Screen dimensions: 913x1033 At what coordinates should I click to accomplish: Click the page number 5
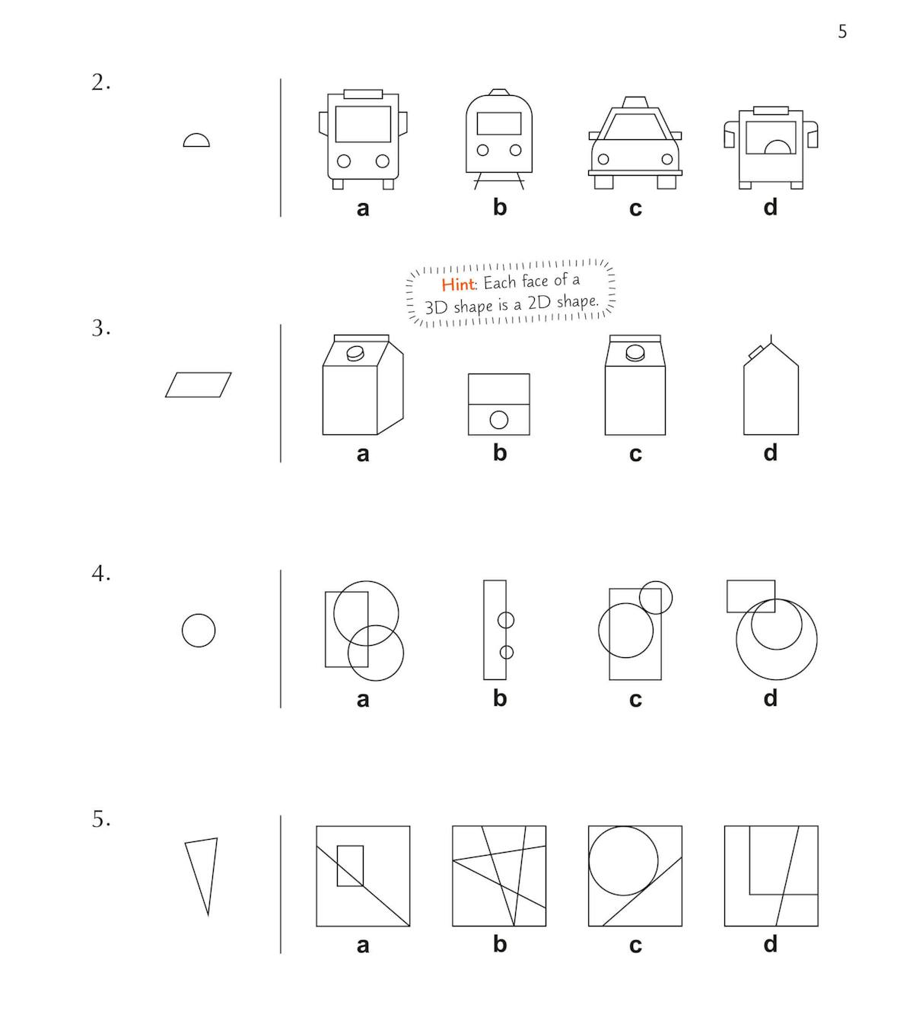pyautogui.click(x=842, y=32)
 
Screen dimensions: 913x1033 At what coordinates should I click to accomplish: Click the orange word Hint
pyautogui.click(x=457, y=284)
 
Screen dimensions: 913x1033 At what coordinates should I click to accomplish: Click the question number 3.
pyautogui.click(x=101, y=328)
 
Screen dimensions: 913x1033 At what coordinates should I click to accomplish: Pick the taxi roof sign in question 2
pyautogui.click(x=635, y=102)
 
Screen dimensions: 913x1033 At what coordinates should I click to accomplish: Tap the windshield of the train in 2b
pyautogui.click(x=499, y=123)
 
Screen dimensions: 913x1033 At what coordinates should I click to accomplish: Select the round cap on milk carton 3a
pyautogui.click(x=355, y=353)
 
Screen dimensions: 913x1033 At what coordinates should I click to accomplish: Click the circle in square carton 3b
pyautogui.click(x=499, y=420)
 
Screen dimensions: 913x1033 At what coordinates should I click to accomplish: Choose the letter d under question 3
pyautogui.click(x=771, y=453)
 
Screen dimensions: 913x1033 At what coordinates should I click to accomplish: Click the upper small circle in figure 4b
pyautogui.click(x=505, y=620)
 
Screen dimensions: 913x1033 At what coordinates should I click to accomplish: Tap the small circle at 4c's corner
pyautogui.click(x=655, y=597)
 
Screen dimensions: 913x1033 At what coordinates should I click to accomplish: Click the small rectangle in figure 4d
pyautogui.click(x=751, y=596)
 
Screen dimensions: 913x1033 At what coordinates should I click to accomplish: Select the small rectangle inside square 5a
pyautogui.click(x=351, y=866)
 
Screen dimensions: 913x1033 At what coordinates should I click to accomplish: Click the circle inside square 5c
pyautogui.click(x=623, y=860)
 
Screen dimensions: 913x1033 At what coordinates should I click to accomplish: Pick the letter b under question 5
pyautogui.click(x=500, y=943)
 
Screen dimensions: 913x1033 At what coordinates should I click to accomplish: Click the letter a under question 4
pyautogui.click(x=363, y=700)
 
